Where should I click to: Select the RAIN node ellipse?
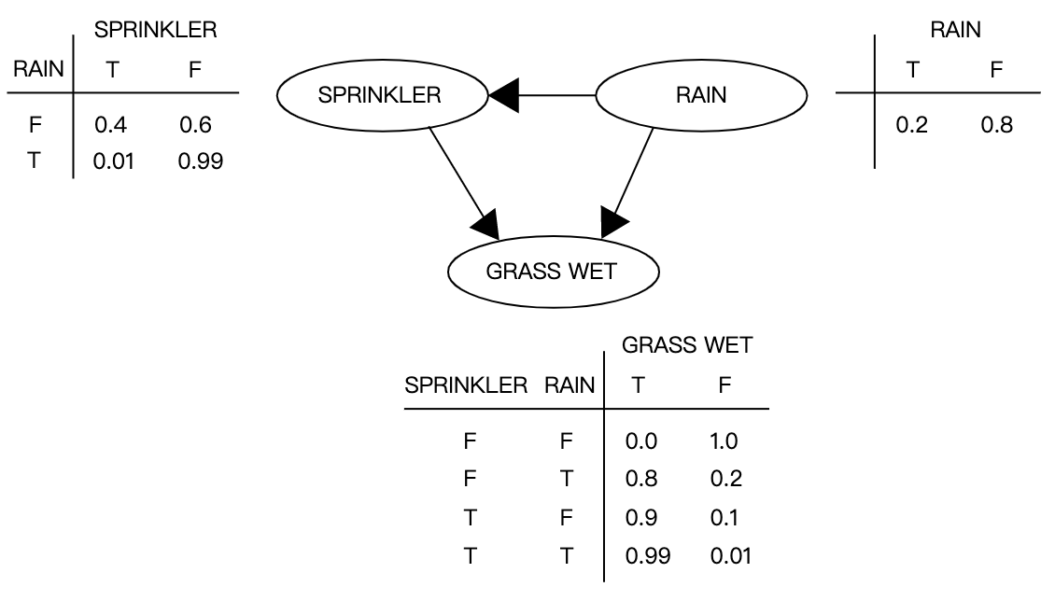[701, 96]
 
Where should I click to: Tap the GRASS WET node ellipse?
[554, 272]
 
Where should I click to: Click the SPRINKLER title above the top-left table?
[155, 31]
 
